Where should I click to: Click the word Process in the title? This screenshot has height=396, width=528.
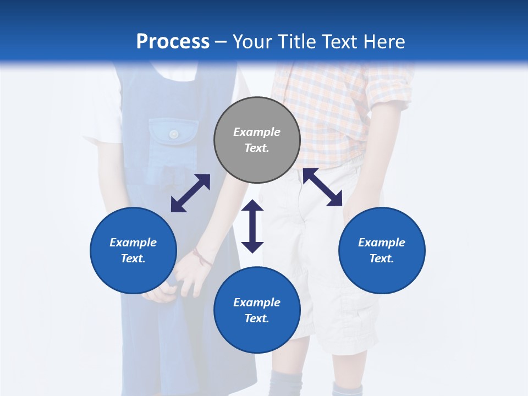[x=173, y=42]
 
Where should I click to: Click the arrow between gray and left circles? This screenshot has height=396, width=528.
[x=190, y=193]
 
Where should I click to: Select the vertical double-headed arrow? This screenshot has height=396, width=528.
[x=252, y=226]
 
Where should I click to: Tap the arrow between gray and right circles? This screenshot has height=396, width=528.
[x=322, y=187]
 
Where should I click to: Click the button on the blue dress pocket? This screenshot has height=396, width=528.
[x=174, y=134]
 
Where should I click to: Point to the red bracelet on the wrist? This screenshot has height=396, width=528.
[x=202, y=257]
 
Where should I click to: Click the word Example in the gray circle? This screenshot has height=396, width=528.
[x=257, y=132]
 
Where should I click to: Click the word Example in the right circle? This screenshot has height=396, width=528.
[x=382, y=243]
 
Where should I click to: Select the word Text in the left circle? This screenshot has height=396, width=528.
[x=133, y=258]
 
